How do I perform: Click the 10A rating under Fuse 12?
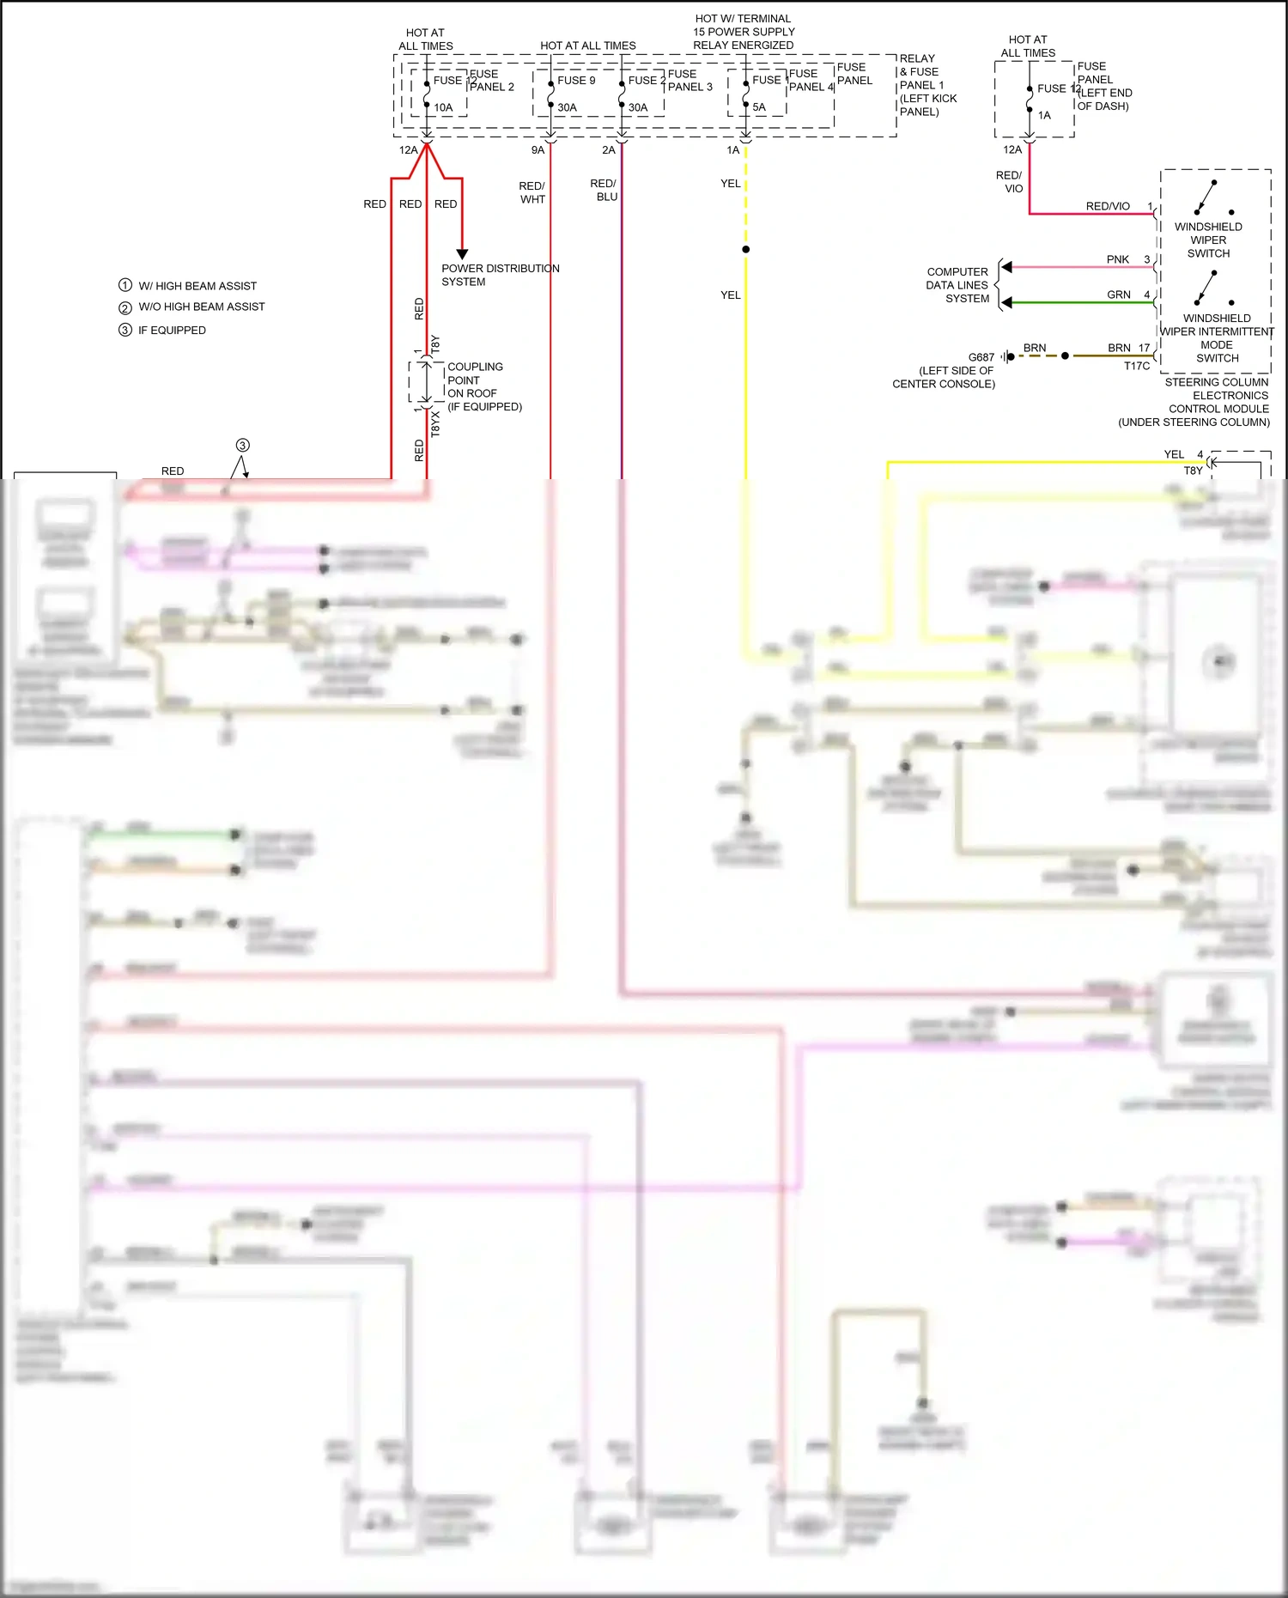pos(443,107)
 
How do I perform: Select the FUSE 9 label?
pos(576,81)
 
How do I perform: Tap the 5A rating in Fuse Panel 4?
pos(759,107)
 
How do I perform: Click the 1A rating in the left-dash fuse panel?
pos(1044,115)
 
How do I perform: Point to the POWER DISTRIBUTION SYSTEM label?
pos(500,275)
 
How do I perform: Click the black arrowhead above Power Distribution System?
pos(462,253)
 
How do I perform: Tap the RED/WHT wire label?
pos(532,192)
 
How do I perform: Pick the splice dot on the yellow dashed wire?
pos(745,249)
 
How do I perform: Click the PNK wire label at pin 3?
pos(1117,259)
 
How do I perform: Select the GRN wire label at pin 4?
pos(1118,295)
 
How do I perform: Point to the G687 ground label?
pos(981,357)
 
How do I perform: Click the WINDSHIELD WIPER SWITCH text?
pos(1208,240)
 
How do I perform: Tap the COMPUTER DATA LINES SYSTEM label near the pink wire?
pos(957,285)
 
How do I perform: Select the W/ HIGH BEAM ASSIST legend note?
pos(197,286)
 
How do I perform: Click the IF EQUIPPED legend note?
pos(172,330)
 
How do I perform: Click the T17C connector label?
pos(1137,366)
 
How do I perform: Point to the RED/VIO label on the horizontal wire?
pos(1108,206)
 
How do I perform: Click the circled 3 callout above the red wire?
pos(243,445)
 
